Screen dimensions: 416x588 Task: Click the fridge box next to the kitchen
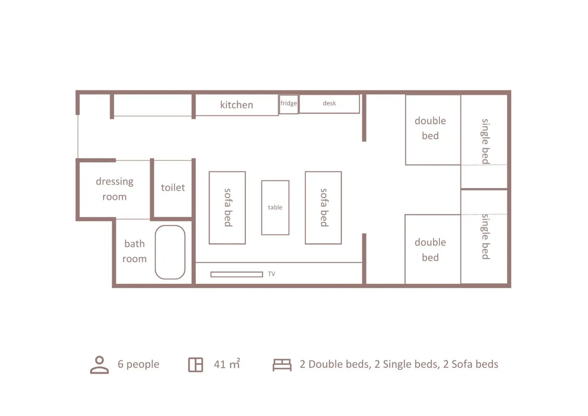coord(289,104)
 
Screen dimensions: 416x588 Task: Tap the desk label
coord(329,103)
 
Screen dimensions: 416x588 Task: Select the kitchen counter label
coord(236,105)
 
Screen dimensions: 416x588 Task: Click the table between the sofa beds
coord(275,207)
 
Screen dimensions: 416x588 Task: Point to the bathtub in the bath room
coord(170,252)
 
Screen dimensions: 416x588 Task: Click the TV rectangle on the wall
coord(236,274)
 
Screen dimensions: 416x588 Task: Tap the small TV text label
coord(271,274)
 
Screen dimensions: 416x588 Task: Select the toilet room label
coord(173,187)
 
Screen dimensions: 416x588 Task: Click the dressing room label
coord(114,189)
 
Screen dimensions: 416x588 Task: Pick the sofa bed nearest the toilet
coord(227,208)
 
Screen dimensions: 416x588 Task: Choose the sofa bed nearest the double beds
coord(323,208)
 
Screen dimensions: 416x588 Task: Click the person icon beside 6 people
coord(99,365)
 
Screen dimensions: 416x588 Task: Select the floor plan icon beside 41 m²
coord(195,365)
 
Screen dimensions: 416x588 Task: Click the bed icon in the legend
coord(282,365)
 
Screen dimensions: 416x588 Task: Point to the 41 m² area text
coord(227,364)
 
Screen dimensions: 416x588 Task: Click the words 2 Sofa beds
coord(470,364)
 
